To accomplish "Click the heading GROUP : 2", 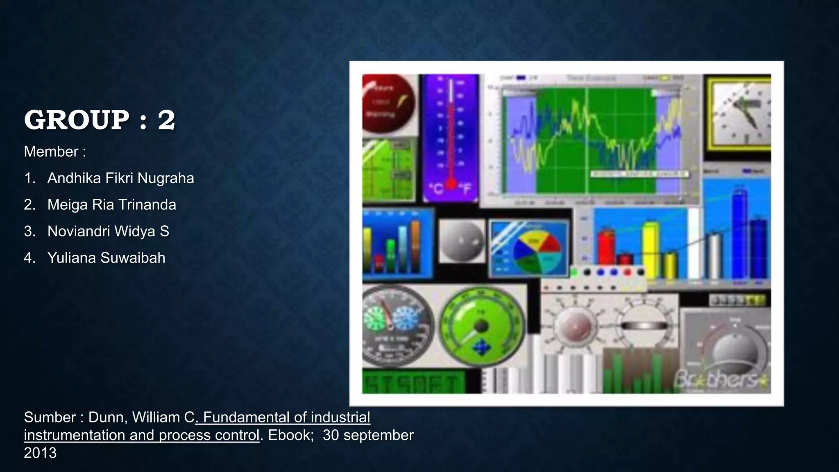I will tap(100, 120).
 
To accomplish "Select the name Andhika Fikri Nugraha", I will tap(120, 178).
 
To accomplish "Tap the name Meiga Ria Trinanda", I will tap(111, 205).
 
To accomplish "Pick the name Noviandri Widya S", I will tap(108, 231).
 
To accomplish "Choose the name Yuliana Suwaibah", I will tap(106, 258).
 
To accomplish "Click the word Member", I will tap(51, 152).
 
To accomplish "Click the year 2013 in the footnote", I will tap(40, 453).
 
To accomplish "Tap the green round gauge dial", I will tap(482, 327).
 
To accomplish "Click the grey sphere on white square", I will tap(462, 241).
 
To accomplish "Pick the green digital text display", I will tap(413, 382).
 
